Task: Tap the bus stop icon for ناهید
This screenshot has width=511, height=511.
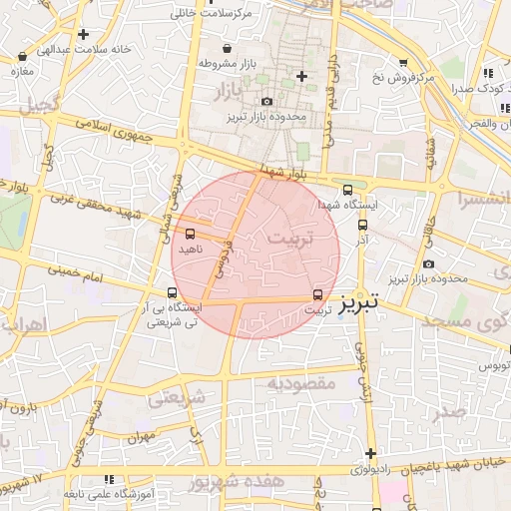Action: (x=190, y=235)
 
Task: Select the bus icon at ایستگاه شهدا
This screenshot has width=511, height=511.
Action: (x=347, y=190)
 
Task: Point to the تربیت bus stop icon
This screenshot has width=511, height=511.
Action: (x=318, y=294)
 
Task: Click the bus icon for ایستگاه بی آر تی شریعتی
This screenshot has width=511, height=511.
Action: (x=173, y=293)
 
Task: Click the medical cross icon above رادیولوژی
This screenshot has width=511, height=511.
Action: (x=370, y=453)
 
